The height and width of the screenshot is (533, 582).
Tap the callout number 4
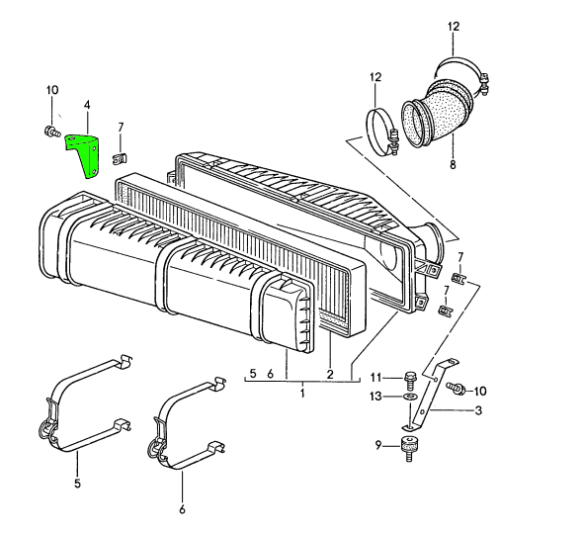pyautogui.click(x=87, y=105)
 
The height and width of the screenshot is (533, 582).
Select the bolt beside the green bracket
pyautogui.click(x=50, y=132)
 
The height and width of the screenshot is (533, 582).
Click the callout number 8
pyautogui.click(x=453, y=164)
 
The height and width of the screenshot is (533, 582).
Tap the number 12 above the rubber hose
pyautogui.click(x=454, y=27)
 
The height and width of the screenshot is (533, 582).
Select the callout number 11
pyautogui.click(x=375, y=378)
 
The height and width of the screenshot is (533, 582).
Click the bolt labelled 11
pyautogui.click(x=410, y=379)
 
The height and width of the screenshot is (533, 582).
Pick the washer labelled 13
pyautogui.click(x=409, y=397)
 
